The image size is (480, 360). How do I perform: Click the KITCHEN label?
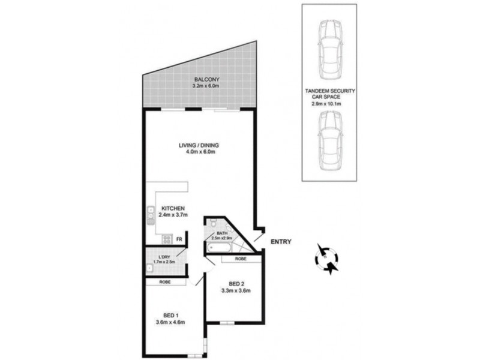pos(172,208)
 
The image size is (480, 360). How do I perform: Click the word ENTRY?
pos(281,242)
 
